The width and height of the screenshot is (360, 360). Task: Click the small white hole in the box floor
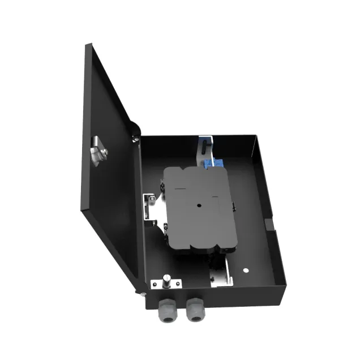246,271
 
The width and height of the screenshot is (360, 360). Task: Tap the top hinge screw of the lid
136,138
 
